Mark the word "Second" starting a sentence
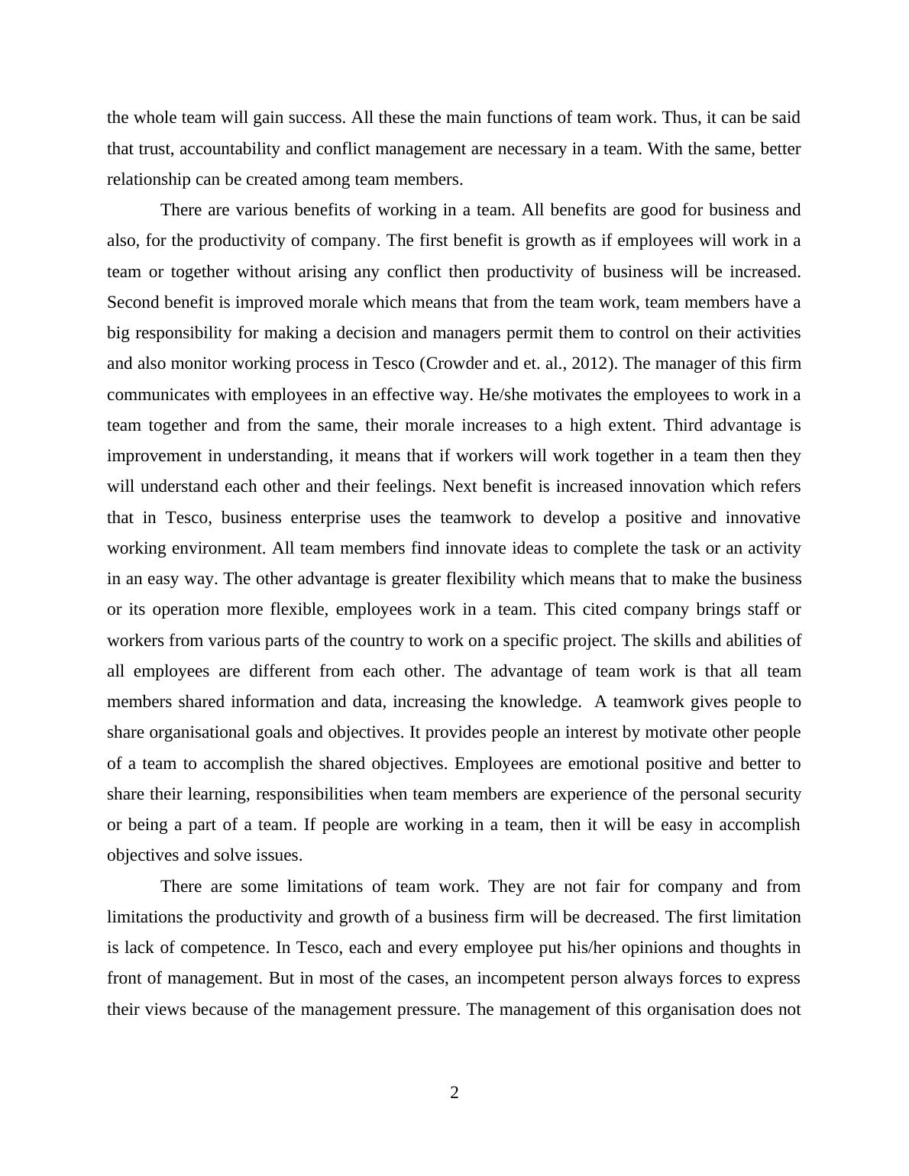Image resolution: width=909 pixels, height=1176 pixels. [133, 302]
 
